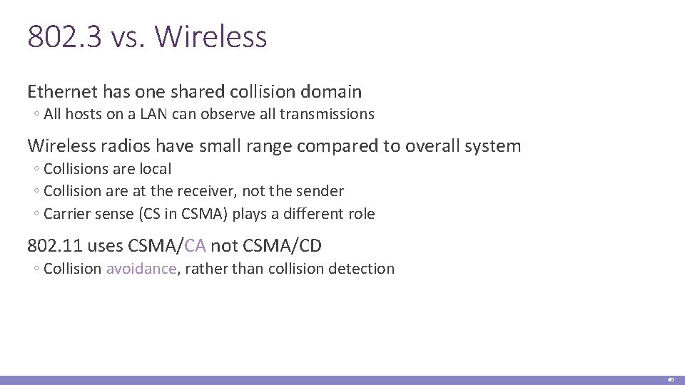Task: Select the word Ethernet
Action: (62, 92)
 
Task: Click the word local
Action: (156, 169)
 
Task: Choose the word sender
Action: (320, 191)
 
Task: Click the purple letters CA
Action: (196, 246)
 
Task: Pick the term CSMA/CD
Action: (283, 246)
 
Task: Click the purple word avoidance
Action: (141, 269)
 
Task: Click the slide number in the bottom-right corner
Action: (671, 380)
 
